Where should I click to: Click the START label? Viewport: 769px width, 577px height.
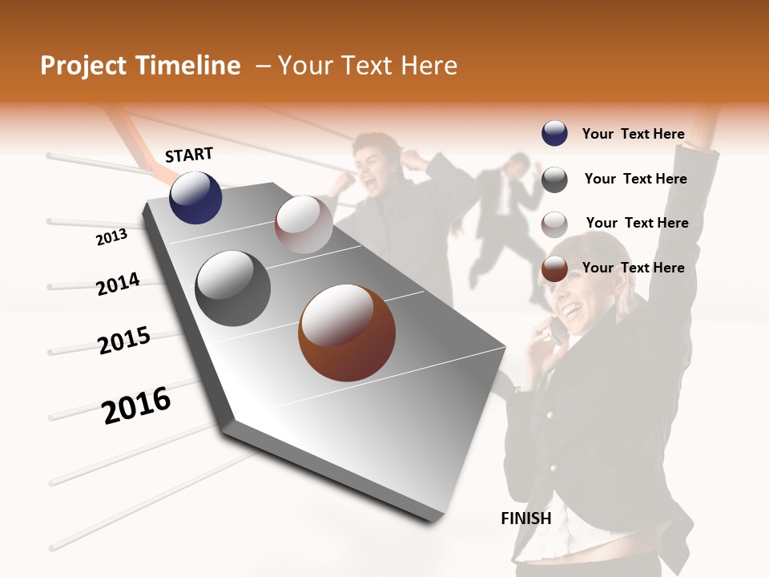click(189, 155)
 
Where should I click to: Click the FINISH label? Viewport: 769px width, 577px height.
click(526, 518)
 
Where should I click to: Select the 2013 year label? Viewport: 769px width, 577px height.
click(111, 237)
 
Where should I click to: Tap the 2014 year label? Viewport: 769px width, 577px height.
click(118, 284)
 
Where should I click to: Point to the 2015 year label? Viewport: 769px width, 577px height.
click(124, 341)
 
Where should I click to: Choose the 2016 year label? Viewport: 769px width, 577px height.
click(136, 406)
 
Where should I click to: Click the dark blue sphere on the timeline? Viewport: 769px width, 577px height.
click(195, 197)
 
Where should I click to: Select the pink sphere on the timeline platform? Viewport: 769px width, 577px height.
click(304, 224)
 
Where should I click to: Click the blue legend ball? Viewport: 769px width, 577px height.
click(554, 134)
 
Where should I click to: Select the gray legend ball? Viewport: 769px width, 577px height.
click(554, 180)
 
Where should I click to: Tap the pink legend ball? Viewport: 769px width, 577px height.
click(554, 224)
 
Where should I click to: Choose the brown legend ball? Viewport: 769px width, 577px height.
click(554, 269)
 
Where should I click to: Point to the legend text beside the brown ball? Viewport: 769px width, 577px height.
click(634, 268)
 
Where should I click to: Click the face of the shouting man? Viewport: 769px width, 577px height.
click(376, 164)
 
